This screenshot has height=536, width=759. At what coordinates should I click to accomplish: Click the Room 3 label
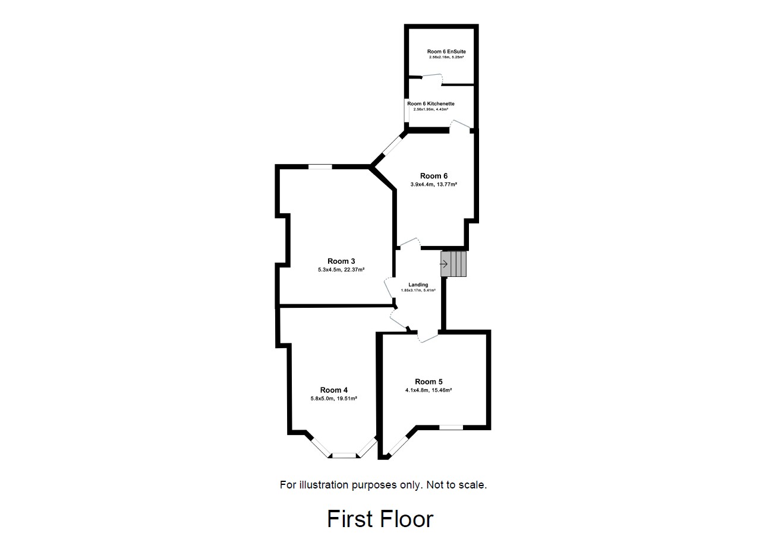coord(341,261)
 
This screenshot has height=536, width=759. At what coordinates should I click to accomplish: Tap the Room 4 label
coord(333,390)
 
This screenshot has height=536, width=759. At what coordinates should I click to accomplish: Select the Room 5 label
coord(429,381)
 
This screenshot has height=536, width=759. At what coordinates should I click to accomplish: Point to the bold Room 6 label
coord(434,176)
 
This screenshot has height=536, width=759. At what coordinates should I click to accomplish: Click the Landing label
coord(418,285)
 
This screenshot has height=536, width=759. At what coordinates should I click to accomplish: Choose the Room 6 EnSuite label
coord(446,52)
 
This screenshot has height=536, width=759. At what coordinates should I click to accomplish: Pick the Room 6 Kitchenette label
coord(430,103)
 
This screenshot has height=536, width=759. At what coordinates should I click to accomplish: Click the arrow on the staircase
coord(443,264)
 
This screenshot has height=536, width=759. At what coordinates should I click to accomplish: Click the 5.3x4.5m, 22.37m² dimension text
coord(341,270)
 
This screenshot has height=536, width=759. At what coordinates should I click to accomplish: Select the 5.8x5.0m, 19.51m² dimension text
coord(333,399)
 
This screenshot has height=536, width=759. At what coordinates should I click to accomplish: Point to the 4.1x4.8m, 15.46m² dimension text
coord(429,390)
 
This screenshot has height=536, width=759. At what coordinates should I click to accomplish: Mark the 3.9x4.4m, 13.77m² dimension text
coord(434,184)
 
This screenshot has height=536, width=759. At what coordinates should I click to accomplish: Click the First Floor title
coord(380,519)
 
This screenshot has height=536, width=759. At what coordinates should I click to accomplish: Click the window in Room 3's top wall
coord(320,167)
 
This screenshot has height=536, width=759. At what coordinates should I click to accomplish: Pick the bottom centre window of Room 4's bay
coord(343,456)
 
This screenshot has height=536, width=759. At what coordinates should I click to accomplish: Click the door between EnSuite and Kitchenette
coord(431,77)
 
